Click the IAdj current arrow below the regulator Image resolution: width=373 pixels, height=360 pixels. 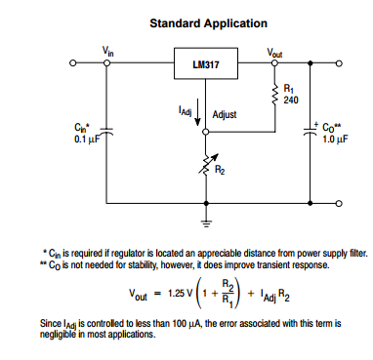[199, 112]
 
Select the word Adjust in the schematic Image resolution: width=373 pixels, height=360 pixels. [227, 113]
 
